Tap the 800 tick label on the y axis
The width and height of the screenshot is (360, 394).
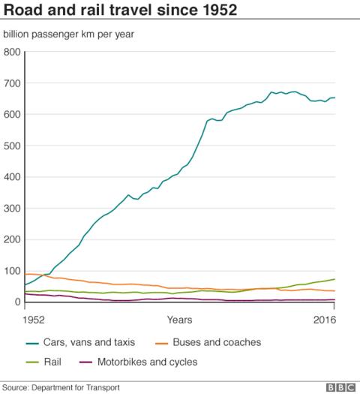pos(12,53)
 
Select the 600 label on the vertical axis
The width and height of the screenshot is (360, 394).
pos(12,115)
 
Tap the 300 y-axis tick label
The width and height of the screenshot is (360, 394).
pos(12,209)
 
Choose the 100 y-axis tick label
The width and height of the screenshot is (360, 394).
pos(12,271)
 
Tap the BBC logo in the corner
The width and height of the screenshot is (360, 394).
pos(340,386)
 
